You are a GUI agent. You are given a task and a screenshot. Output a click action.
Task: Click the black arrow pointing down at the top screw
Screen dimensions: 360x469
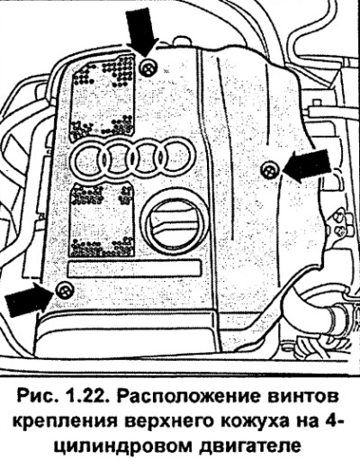coord(141,30)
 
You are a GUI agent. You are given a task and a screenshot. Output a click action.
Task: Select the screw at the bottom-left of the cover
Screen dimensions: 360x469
coord(65,290)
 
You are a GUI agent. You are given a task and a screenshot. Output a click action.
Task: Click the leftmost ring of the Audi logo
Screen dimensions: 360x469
coord(89,158)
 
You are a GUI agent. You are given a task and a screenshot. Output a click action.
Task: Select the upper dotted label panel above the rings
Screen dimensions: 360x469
coord(103,97)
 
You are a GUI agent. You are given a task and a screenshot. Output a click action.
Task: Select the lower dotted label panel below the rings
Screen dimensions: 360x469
coord(101,221)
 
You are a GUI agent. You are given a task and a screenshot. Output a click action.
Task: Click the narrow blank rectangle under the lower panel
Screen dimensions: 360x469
coord(134,269)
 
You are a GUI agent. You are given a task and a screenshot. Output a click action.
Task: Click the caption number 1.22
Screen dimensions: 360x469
coord(88,397)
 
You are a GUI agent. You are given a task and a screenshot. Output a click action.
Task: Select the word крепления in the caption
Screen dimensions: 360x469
coord(64,423)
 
